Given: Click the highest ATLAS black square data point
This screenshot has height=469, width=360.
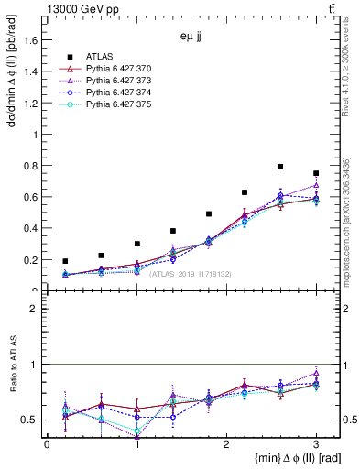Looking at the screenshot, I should click(280, 167).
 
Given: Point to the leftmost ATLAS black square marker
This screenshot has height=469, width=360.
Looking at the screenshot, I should click(65, 261).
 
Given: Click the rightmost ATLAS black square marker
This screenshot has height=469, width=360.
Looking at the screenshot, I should click(316, 173).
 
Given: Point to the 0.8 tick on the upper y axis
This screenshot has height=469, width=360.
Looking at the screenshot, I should click(32, 166).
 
